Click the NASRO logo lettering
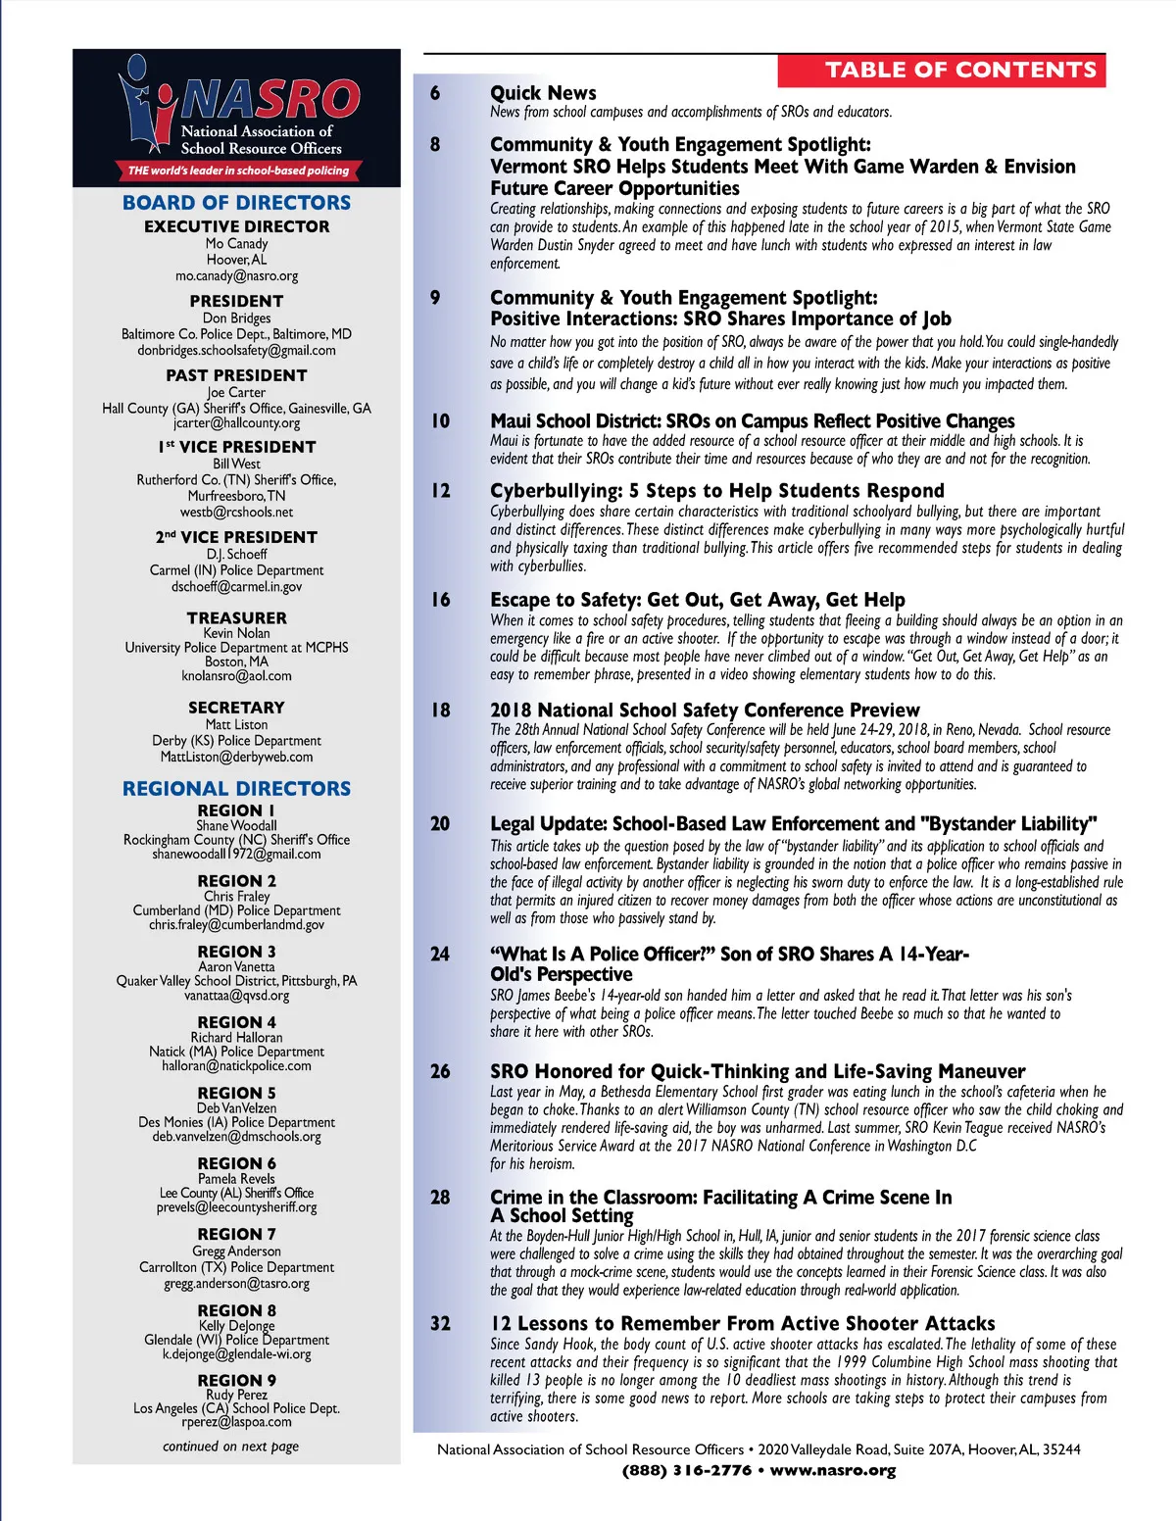click(269, 99)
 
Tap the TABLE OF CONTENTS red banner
click(942, 71)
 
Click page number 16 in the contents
click(441, 600)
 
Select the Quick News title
click(543, 93)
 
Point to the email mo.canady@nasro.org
click(237, 276)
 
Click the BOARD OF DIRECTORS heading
click(236, 203)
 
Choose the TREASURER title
click(237, 618)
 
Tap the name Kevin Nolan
click(236, 633)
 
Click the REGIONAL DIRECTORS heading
click(236, 789)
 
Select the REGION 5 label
click(236, 1093)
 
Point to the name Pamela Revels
click(236, 1179)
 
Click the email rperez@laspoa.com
click(236, 1422)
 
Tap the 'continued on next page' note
click(231, 1447)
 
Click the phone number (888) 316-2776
click(686, 1470)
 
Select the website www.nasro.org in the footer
click(833, 1470)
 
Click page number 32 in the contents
click(441, 1324)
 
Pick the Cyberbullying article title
click(717, 491)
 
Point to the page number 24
click(441, 954)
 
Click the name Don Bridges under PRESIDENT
click(236, 319)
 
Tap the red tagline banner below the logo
click(238, 171)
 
